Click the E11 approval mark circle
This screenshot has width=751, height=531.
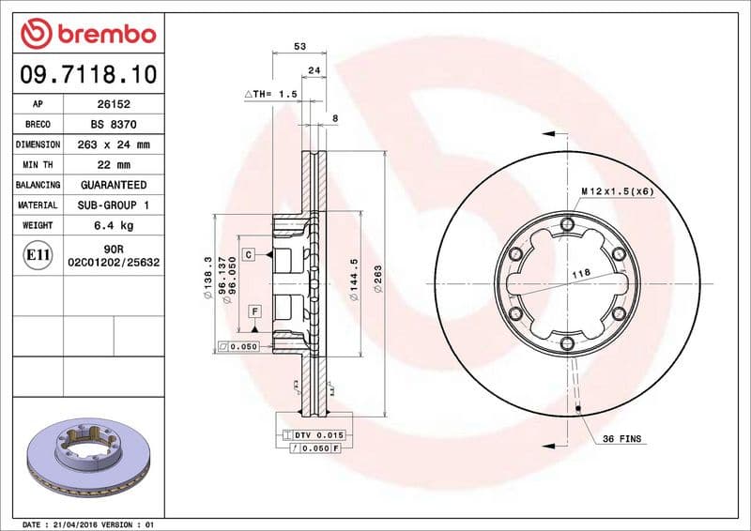pos(38,255)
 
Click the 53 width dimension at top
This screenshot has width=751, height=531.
pos(299,45)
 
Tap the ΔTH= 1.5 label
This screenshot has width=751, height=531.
pos(270,95)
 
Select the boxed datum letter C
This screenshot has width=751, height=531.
pos(249,254)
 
